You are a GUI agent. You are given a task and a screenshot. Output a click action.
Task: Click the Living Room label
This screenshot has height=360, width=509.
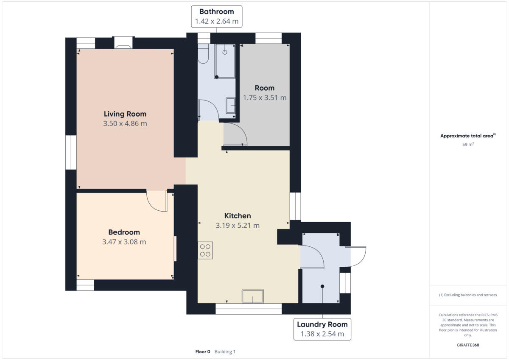(x=125, y=114)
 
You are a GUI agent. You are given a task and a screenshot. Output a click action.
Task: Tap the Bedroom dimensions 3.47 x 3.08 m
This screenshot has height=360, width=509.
(x=124, y=242)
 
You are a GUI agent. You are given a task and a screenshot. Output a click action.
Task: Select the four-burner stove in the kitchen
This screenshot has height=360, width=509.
(x=205, y=250)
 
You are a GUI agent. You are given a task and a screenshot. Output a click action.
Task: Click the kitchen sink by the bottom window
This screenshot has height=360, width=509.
(x=252, y=296)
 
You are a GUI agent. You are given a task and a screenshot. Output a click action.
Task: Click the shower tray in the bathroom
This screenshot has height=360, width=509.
(x=225, y=61)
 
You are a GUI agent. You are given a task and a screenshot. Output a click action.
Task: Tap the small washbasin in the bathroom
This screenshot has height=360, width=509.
(x=231, y=106)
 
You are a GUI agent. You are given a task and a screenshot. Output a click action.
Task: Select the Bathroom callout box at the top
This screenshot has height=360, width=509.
(x=216, y=17)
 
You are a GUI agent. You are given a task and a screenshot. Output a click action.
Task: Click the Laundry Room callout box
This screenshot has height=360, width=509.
(x=322, y=329)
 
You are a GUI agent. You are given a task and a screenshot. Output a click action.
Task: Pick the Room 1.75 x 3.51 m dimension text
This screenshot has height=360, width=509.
(x=265, y=98)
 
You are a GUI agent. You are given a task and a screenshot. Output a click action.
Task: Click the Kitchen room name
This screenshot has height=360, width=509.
(x=238, y=216)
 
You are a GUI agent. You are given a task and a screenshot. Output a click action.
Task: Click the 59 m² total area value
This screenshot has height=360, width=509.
(x=468, y=145)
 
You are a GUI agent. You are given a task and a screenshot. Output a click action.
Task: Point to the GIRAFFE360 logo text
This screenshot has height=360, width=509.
(x=468, y=345)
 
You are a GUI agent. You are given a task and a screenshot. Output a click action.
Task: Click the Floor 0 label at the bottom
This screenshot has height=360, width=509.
(x=202, y=352)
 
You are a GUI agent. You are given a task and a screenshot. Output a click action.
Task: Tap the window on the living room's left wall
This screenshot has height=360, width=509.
(x=71, y=153)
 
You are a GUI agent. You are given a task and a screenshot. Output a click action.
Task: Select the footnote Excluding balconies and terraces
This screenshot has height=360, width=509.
(x=468, y=295)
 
